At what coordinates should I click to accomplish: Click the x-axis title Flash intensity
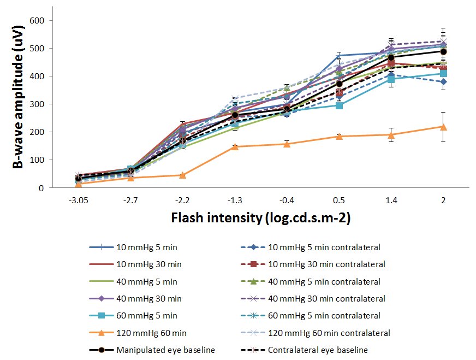coord(260,217)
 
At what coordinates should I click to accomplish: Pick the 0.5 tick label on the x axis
coord(339,200)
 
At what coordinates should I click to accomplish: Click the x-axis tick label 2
coord(443,200)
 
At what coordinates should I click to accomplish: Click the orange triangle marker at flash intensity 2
coord(443,127)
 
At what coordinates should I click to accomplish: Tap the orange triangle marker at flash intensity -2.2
coord(183,175)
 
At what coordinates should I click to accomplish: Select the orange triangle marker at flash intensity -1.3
coord(235,146)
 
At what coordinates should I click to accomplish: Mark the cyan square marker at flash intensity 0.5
coord(339,105)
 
